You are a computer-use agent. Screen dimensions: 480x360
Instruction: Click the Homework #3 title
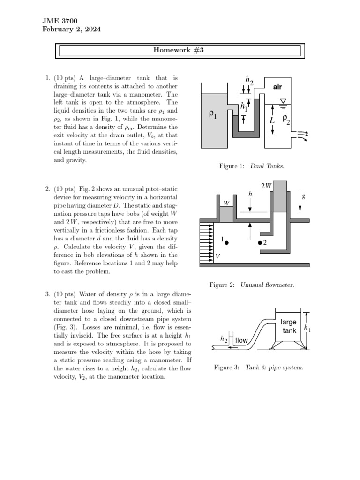point(180,51)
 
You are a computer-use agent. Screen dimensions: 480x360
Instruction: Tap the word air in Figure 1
point(278,87)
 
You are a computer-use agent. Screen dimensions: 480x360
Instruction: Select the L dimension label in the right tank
point(272,120)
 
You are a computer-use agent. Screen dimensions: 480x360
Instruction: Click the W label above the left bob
point(226,203)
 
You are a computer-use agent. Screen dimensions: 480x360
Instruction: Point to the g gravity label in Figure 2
point(303,197)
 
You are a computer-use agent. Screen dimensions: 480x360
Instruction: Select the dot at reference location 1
point(226,243)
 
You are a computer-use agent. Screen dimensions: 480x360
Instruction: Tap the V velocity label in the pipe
point(217,256)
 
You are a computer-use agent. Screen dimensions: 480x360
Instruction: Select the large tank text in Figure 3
point(289,327)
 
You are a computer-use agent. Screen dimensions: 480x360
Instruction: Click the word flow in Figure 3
point(241,340)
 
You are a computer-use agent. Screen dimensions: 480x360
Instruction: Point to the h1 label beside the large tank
point(307,329)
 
